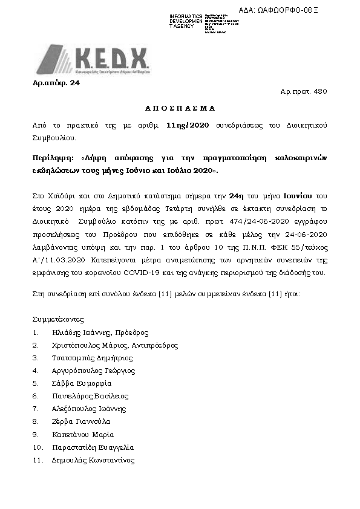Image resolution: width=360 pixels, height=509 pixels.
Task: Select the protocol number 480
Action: click(x=321, y=92)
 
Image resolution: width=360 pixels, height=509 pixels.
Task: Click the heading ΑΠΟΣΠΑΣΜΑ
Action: click(x=180, y=108)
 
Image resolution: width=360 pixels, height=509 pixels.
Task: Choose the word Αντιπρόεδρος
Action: click(x=154, y=345)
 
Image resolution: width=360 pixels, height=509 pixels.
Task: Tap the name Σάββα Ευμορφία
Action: click(x=82, y=383)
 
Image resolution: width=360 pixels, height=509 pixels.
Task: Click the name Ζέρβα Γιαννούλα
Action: click(x=81, y=421)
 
